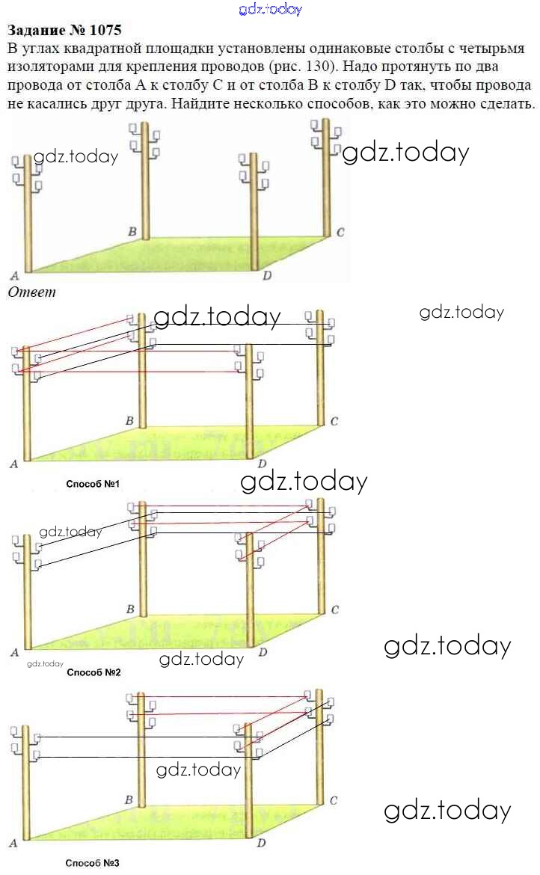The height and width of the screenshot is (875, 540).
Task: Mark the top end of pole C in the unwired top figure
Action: [x=326, y=120]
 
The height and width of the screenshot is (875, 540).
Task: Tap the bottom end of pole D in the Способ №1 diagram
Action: [x=250, y=458]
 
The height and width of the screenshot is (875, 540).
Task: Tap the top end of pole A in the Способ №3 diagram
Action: [x=25, y=727]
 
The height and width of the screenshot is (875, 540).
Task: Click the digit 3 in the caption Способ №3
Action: [x=115, y=863]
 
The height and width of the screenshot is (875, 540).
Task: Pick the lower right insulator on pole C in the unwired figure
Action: [x=337, y=149]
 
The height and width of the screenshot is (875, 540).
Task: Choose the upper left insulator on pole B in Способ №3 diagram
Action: [x=131, y=699]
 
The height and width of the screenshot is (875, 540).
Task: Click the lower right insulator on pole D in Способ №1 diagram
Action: [x=260, y=372]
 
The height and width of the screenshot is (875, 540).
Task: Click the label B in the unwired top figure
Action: [x=132, y=231]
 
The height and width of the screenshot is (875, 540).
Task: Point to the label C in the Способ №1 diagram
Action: [x=334, y=421]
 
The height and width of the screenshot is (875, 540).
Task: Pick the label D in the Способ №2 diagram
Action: [x=263, y=652]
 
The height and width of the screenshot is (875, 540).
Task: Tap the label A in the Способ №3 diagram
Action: [x=13, y=843]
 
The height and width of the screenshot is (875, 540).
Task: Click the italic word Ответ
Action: [x=32, y=292]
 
